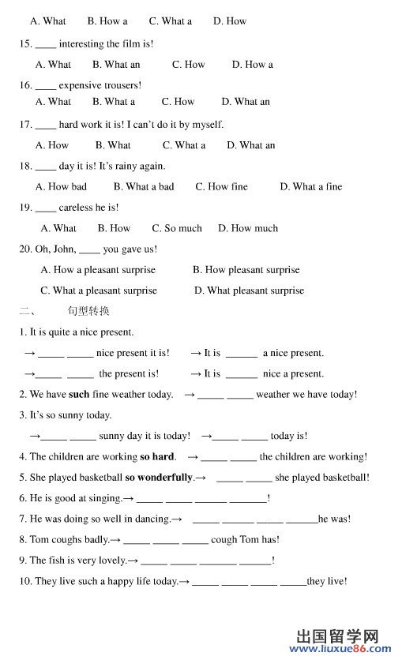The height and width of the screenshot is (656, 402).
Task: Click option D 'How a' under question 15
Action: point(252,65)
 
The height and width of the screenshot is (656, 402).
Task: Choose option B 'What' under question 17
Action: point(113,145)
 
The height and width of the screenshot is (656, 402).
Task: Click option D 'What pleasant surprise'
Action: point(249,291)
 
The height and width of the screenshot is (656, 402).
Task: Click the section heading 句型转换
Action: point(88,312)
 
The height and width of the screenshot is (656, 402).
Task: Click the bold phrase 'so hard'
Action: point(157,457)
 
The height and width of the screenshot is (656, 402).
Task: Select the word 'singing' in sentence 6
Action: point(103,499)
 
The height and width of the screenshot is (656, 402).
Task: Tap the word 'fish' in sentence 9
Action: point(54,560)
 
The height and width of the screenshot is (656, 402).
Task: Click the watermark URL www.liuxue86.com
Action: point(340,647)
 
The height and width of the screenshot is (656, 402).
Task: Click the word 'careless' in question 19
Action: point(76,208)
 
